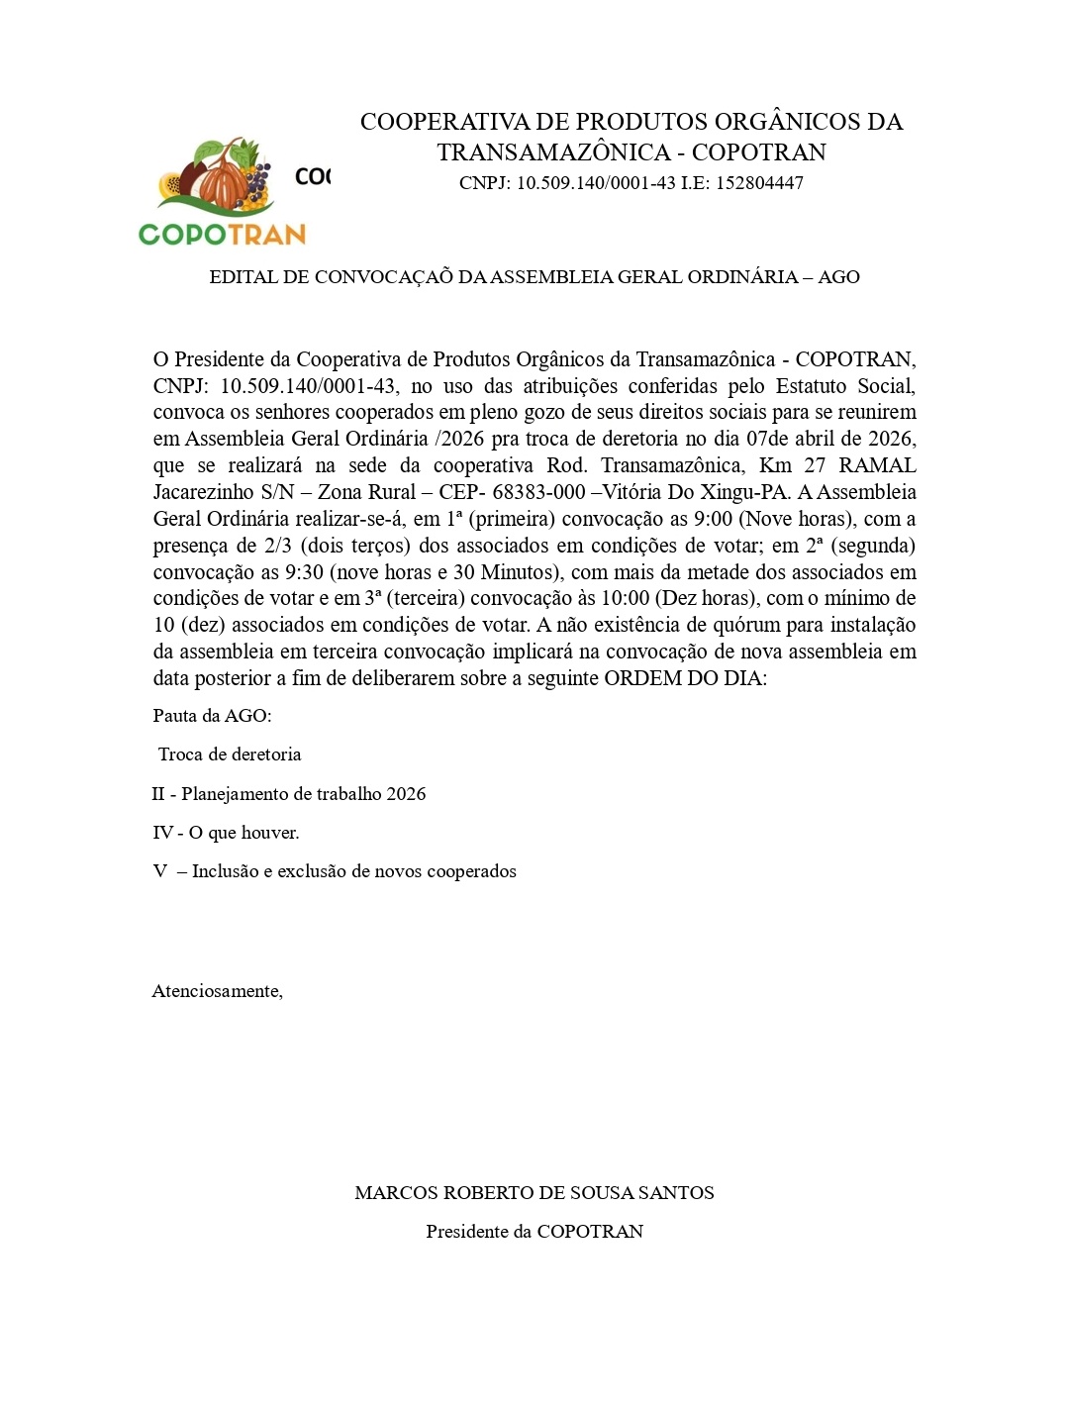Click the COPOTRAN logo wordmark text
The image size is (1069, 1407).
click(x=222, y=234)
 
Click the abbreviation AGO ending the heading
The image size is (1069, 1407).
click(x=838, y=277)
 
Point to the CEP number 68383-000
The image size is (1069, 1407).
click(x=538, y=492)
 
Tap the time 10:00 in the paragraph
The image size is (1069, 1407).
click(x=625, y=598)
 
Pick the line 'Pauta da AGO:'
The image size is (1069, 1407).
click(x=212, y=716)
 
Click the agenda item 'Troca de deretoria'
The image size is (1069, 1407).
click(x=230, y=754)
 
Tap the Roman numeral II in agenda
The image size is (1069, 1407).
click(x=158, y=794)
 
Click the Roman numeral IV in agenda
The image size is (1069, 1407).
click(x=162, y=833)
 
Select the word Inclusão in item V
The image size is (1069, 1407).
click(x=224, y=871)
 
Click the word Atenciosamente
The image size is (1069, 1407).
click(x=217, y=991)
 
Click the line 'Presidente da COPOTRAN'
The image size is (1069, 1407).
click(x=534, y=1232)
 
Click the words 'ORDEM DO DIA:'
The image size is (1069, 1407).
click(x=685, y=678)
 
